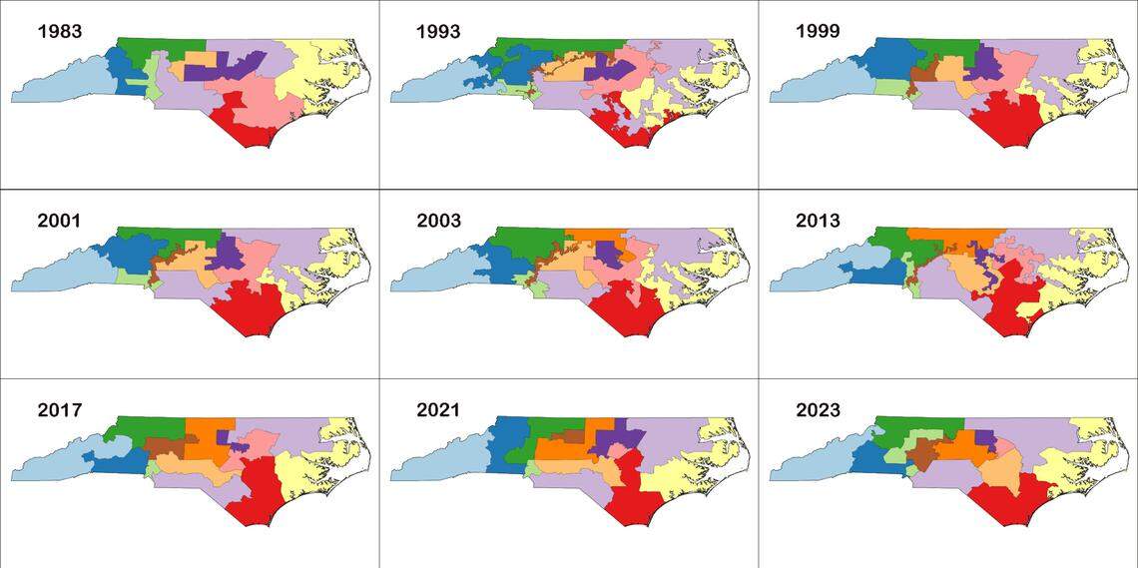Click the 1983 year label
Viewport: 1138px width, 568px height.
click(59, 31)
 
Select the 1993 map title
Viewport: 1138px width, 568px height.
click(438, 31)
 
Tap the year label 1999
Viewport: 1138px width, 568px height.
click(818, 31)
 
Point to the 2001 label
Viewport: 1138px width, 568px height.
click(59, 221)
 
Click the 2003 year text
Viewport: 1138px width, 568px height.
click(438, 221)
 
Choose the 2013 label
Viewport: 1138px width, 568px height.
click(818, 221)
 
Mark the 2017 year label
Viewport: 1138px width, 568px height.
click(59, 410)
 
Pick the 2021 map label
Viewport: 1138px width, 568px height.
click(438, 410)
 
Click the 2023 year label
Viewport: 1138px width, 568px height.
click(818, 410)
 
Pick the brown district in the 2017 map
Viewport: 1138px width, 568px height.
click(160, 445)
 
